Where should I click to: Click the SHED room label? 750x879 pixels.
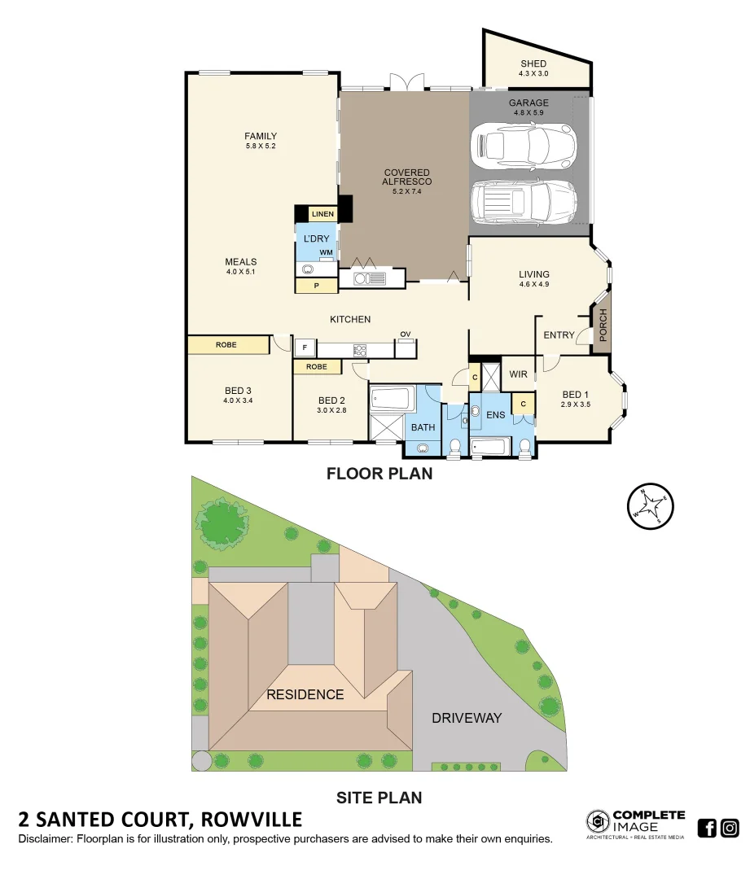tap(533, 64)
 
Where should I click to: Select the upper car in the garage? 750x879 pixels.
tap(523, 145)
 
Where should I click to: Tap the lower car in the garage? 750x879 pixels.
tap(523, 201)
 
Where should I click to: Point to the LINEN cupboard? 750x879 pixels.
tap(323, 214)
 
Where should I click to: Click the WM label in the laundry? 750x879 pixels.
tap(326, 253)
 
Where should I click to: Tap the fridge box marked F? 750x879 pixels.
tap(304, 348)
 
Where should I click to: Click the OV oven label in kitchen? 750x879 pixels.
tap(405, 335)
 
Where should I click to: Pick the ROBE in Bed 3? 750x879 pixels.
tap(227, 345)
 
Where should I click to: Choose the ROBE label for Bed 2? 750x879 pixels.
tap(317, 367)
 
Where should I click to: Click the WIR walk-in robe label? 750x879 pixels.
tap(518, 374)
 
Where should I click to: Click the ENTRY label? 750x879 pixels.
tap(559, 335)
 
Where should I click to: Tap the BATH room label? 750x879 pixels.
tap(423, 427)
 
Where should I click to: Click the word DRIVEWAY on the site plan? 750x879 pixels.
tap(467, 718)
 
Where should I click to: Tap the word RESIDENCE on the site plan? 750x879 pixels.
tap(305, 694)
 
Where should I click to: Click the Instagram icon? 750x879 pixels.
tap(730, 829)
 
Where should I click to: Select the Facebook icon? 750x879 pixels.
tap(708, 829)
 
